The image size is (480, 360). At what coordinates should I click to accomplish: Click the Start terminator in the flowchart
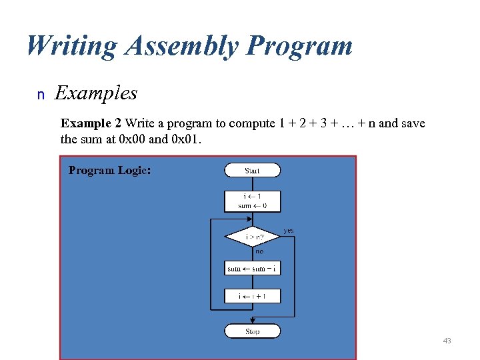[252, 171]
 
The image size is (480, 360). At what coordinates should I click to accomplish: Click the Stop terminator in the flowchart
[252, 331]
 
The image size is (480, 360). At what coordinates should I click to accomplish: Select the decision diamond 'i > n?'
[253, 237]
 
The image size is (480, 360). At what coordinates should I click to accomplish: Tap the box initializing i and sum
[252, 201]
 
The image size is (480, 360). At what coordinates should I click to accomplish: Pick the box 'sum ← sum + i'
[253, 269]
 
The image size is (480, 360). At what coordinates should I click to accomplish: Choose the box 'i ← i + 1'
[253, 295]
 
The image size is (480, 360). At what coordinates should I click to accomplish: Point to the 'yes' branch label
[288, 231]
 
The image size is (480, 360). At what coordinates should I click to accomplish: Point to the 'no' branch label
[259, 251]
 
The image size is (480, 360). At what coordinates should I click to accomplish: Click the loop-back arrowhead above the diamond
[251, 218]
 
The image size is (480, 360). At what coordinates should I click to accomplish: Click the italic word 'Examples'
[96, 93]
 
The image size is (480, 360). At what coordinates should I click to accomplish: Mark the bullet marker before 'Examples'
[41, 95]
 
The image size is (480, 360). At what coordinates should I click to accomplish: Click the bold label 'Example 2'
[91, 123]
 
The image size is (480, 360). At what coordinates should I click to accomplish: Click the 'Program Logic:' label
[109, 170]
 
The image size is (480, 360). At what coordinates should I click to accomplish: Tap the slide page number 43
[447, 341]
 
